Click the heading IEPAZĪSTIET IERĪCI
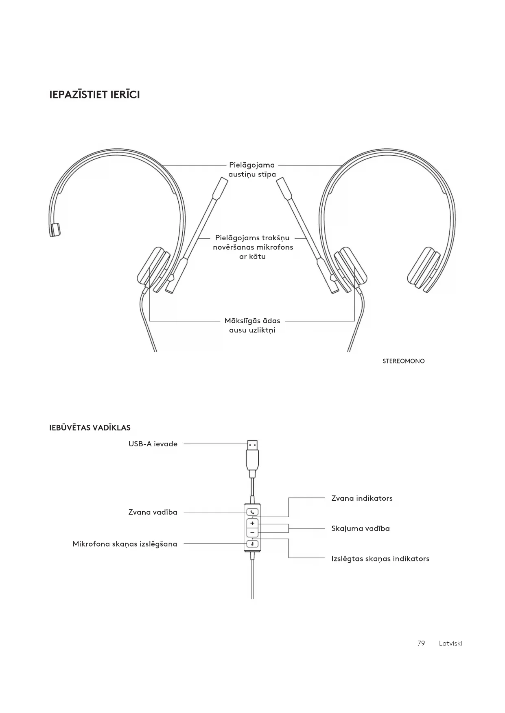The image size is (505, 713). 94,95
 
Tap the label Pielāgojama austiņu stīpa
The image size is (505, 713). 252,170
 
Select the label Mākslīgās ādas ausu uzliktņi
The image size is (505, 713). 252,325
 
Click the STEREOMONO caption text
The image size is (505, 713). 403,361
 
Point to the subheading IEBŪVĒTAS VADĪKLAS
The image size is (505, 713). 90,428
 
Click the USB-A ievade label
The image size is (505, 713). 153,444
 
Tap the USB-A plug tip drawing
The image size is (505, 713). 252,445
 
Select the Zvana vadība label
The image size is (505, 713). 153,512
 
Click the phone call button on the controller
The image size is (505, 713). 252,512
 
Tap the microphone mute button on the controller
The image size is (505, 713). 252,544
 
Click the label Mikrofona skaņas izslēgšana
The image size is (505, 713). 125,544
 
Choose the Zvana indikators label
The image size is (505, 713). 362,498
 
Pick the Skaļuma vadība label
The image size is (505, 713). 361,528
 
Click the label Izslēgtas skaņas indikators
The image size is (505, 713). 380,559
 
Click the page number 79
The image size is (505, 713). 421,643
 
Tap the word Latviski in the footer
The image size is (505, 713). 450,643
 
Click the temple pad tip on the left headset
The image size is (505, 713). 55,229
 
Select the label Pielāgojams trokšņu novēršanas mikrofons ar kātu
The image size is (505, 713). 253,247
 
